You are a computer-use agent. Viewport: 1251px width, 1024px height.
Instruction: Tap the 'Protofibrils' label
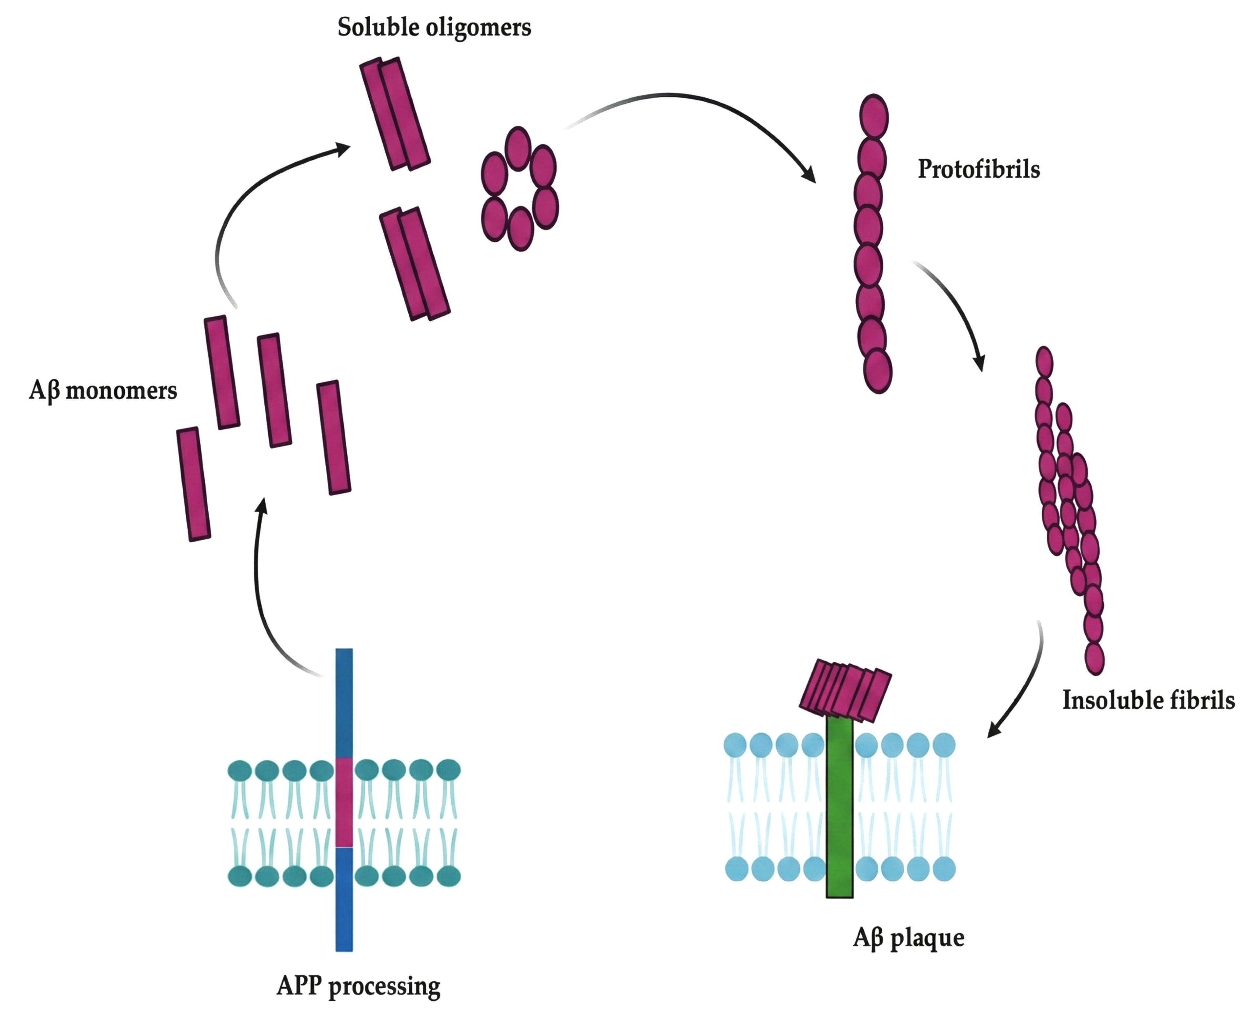click(978, 169)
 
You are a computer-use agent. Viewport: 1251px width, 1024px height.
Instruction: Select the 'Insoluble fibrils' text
click(1148, 700)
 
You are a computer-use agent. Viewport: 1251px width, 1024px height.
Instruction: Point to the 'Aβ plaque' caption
click(909, 937)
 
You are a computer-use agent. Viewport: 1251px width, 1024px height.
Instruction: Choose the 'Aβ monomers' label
click(103, 391)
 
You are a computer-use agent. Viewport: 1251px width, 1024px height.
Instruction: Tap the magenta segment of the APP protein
click(344, 802)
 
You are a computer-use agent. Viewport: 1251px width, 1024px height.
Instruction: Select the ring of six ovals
click(519, 189)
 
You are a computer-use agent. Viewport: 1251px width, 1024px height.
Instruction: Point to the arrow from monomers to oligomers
click(248, 195)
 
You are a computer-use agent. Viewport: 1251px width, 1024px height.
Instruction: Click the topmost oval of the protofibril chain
click(874, 117)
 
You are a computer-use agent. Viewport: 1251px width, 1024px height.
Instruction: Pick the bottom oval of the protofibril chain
click(877, 371)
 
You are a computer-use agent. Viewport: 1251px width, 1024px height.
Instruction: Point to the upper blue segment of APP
click(344, 702)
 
